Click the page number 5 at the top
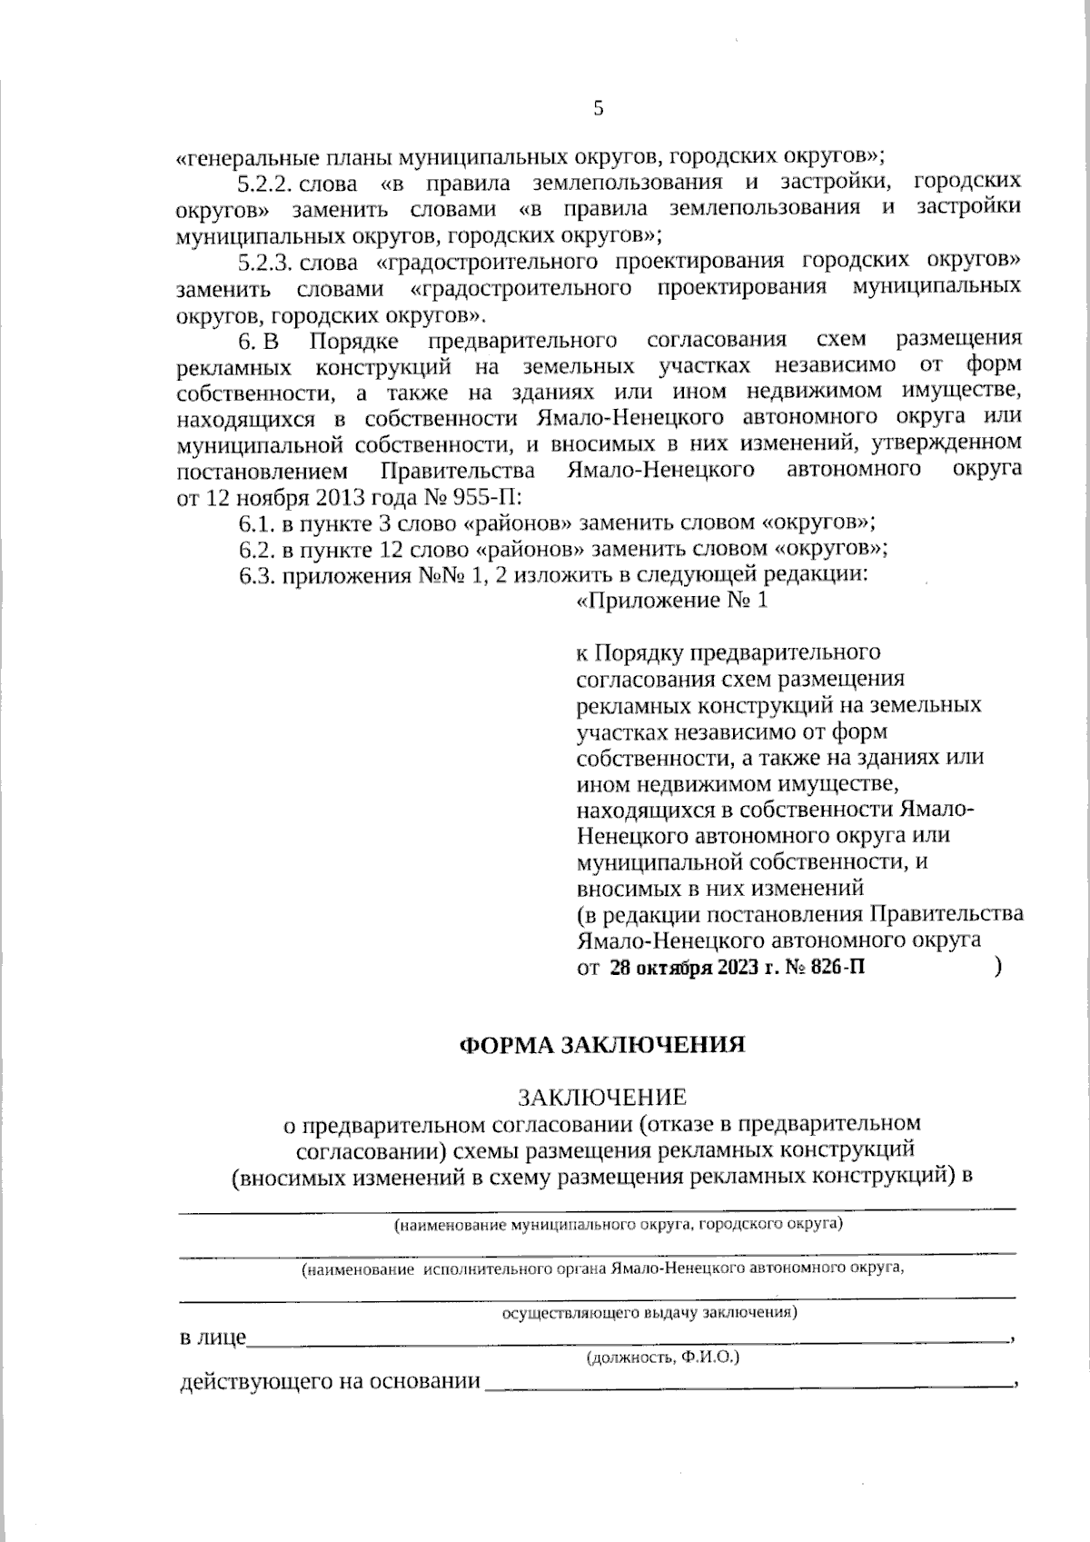598,110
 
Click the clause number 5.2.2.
263,183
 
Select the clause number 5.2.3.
263,263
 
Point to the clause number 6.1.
256,523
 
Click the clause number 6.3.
256,575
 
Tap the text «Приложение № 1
672,602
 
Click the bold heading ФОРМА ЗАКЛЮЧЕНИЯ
602,1045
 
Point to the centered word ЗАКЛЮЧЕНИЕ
602,1098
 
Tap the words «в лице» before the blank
213,1338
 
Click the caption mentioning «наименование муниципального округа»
618,1225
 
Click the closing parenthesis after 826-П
998,967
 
